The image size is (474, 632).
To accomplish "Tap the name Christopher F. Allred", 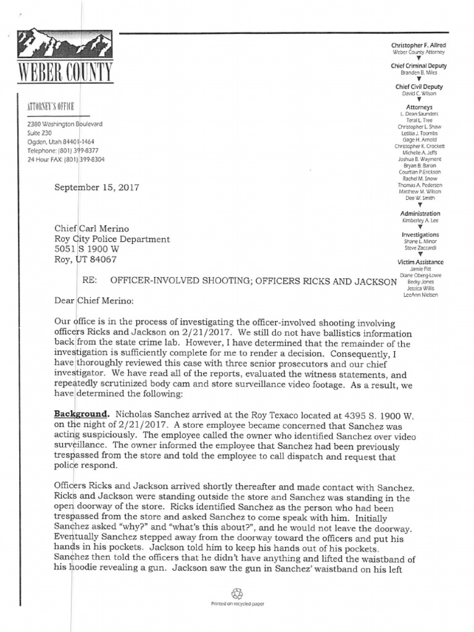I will coord(418,46).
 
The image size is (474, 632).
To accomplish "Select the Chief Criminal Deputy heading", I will coord(418,65).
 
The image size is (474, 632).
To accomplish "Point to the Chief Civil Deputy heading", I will coord(418,87).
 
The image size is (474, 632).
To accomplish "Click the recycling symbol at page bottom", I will coord(236,593).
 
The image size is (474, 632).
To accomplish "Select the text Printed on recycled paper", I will coord(237,604).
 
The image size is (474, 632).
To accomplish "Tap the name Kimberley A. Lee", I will coord(418,220).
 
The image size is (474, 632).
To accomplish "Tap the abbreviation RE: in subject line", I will coord(90,281).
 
